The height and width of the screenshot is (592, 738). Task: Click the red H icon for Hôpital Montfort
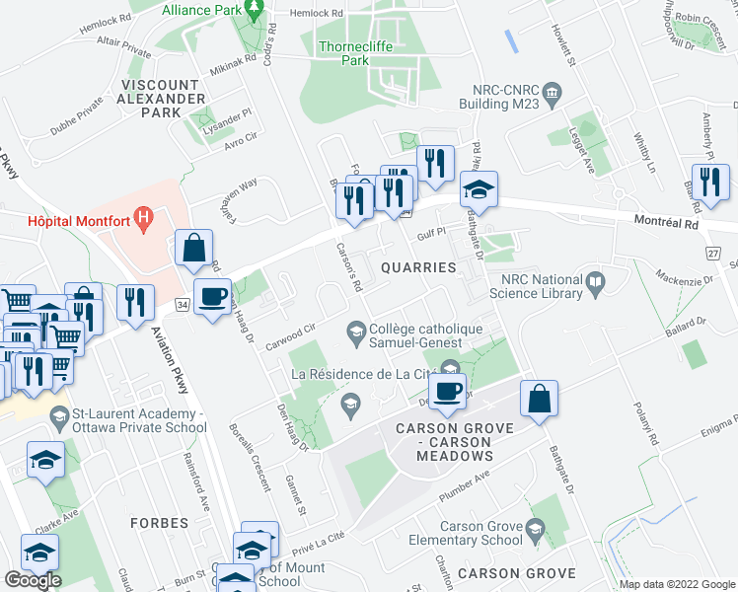145,216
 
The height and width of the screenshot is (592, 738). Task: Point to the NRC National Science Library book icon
595,284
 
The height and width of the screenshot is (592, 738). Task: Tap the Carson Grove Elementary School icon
537,529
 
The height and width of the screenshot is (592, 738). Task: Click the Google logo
33,579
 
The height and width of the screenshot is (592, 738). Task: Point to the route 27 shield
712,254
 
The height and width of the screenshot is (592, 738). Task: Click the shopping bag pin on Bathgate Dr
539,400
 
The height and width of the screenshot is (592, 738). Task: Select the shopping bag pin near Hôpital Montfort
194,249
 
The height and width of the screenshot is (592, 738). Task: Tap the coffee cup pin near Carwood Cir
213,296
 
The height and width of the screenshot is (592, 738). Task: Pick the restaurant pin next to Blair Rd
709,181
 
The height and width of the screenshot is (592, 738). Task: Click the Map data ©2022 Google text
677,584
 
